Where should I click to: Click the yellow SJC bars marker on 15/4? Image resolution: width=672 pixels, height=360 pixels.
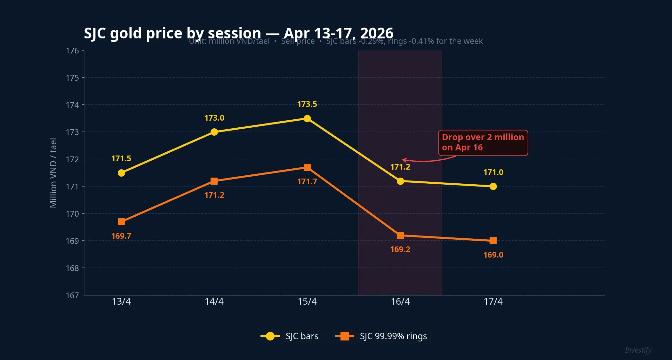(x=307, y=118)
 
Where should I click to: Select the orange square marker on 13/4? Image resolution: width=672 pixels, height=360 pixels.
(x=121, y=222)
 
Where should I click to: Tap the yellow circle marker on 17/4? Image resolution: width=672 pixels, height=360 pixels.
(x=493, y=186)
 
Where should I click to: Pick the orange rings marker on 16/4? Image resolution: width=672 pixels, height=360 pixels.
(x=400, y=236)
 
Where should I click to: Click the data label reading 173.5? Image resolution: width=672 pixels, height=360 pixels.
(x=307, y=104)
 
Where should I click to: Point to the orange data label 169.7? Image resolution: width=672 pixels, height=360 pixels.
(x=121, y=236)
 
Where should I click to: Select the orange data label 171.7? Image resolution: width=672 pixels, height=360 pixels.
(x=307, y=181)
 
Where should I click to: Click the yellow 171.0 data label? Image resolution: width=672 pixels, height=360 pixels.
(x=493, y=172)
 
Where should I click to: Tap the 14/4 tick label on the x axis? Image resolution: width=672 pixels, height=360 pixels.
(x=214, y=301)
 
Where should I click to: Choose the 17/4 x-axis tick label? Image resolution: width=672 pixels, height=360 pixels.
(x=493, y=301)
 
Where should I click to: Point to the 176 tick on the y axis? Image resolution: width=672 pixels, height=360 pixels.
(x=72, y=51)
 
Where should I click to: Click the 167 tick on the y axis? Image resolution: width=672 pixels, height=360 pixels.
(x=72, y=295)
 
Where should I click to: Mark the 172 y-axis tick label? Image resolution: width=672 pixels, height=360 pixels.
(x=72, y=159)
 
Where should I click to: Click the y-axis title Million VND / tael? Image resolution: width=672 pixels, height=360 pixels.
(x=53, y=173)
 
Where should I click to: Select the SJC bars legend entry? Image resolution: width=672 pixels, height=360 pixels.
(x=290, y=336)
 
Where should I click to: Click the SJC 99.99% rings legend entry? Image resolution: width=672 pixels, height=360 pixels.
(x=381, y=336)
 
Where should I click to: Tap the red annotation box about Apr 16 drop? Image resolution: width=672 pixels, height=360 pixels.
(x=483, y=142)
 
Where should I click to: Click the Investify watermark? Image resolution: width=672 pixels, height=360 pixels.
(x=638, y=350)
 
